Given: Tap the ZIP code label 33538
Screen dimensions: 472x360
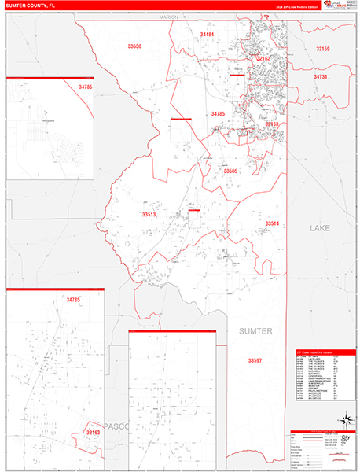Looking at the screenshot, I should point(134,47).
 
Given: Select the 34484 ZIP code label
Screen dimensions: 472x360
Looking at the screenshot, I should point(207,35).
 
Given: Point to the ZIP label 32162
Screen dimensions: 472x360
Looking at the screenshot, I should point(263,59).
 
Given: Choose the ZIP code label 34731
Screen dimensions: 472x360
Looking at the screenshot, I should point(320,77).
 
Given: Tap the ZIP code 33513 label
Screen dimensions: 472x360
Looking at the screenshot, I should point(149,214).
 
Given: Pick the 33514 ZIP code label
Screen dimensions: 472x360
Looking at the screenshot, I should point(272,224).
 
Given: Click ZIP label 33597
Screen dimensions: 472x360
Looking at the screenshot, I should point(255,360).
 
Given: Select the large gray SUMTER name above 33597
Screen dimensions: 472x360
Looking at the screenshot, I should point(255,332).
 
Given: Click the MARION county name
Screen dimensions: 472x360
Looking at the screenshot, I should point(168,17).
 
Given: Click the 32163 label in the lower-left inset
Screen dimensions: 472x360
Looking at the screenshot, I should point(94,433).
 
